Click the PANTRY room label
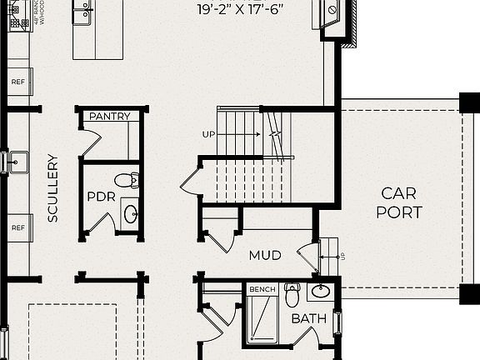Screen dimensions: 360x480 [x=110, y=117]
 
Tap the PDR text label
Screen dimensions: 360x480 [x=100, y=197]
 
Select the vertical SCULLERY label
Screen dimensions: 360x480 [x=52, y=187]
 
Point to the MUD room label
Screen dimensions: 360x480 [x=265, y=255]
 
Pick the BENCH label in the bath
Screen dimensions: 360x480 [x=262, y=289]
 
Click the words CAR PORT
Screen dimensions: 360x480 [x=399, y=202]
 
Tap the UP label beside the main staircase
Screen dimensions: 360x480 [x=208, y=134]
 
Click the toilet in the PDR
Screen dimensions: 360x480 [x=127, y=179]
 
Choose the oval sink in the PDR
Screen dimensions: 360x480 [x=132, y=213]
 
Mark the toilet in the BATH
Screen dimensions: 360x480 [x=292, y=295]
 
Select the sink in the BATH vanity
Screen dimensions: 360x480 [x=320, y=292]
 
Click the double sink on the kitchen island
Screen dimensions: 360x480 [x=82, y=12]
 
